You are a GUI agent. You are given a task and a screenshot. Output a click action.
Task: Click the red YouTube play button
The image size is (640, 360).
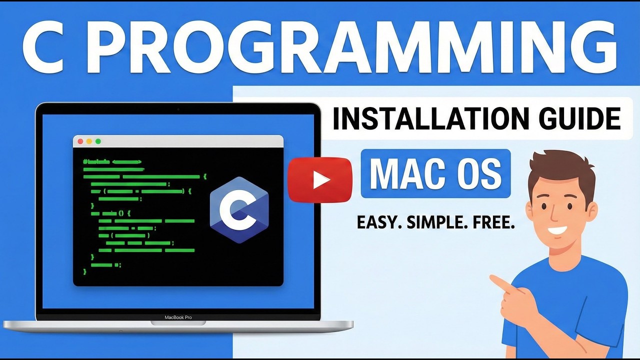point(320,180)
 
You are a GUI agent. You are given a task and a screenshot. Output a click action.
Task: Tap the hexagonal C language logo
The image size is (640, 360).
point(239,209)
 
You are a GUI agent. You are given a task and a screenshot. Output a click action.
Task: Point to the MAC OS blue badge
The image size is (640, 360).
point(435,173)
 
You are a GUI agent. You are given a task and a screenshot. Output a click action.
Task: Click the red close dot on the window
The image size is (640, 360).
point(80,141)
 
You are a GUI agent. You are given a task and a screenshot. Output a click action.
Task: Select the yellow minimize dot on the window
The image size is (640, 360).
point(89,141)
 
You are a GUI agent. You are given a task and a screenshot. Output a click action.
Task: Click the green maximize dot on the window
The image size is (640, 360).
point(98,141)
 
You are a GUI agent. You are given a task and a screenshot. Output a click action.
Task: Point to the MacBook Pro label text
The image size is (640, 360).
point(178,317)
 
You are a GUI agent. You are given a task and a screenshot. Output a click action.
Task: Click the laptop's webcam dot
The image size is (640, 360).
point(178,108)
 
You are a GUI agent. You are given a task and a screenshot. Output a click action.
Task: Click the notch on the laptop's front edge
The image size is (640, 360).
point(178,323)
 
